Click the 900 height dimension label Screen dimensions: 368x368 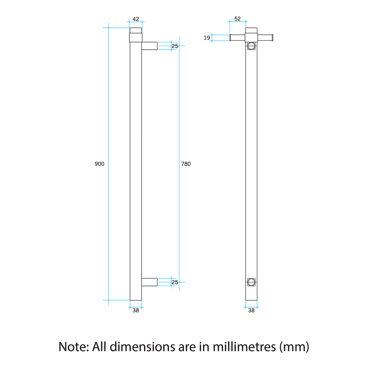coord(99,164)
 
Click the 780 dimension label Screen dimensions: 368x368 coord(186,164)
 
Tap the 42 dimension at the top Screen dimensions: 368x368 coord(135,19)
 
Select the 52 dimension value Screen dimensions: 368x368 coord(238,19)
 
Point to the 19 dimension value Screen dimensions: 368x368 coord(207,38)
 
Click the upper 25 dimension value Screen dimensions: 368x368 coord(175,46)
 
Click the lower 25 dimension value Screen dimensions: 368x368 coord(175,282)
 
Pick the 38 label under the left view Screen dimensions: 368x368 coord(135,310)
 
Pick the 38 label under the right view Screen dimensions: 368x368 coord(251,310)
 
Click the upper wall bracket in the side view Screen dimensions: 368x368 coord(149,46)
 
